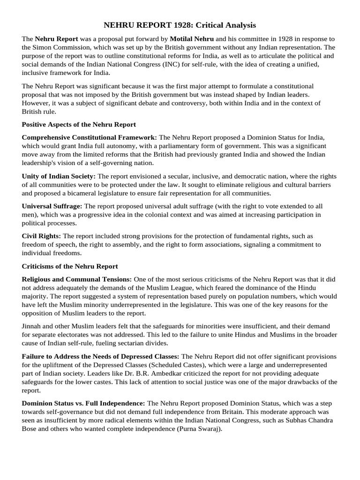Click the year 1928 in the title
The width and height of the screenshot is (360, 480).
click(x=189, y=25)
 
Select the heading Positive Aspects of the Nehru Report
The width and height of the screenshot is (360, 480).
click(x=79, y=125)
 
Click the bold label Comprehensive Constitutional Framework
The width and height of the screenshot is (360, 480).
click(x=89, y=137)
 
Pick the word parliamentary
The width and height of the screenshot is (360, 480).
click(x=194, y=146)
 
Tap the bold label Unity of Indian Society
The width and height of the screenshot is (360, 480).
click(x=59, y=176)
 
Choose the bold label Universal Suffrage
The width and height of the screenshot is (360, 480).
click(x=52, y=206)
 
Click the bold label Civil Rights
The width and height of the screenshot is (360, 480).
click(x=41, y=236)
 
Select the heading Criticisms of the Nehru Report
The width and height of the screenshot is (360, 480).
click(x=70, y=266)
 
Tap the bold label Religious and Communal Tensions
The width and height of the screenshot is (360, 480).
click(x=77, y=279)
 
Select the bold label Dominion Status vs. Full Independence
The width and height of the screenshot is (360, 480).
click(x=83, y=403)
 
